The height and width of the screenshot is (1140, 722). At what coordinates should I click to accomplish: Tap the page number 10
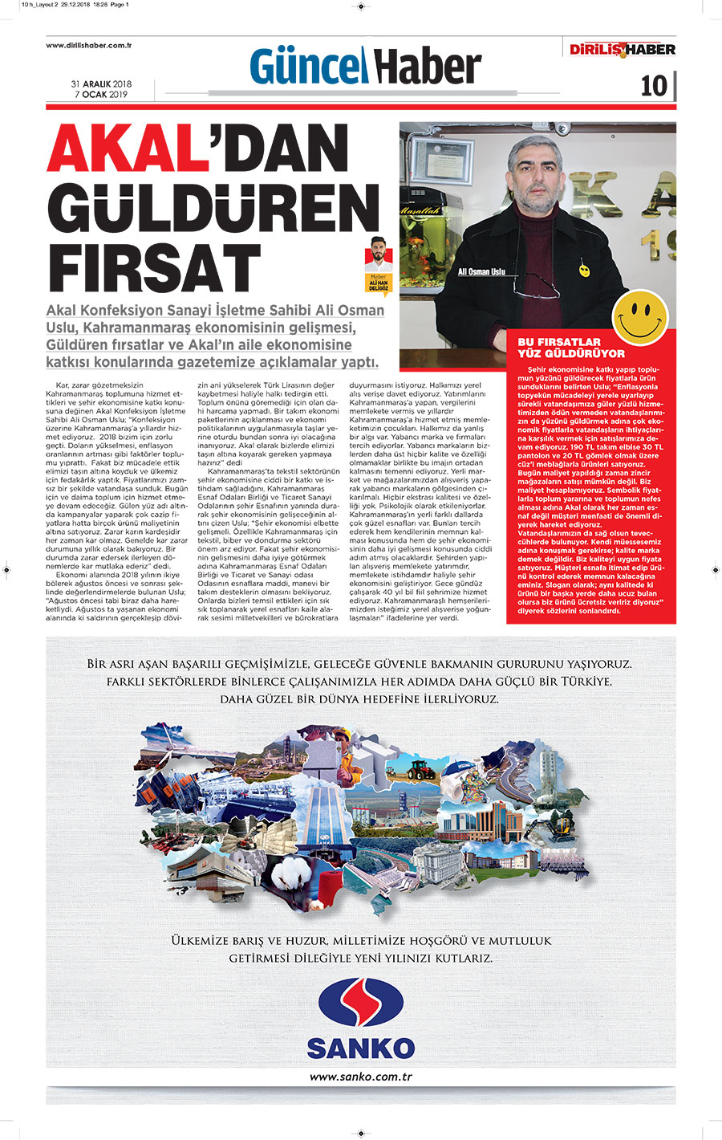pos(654,86)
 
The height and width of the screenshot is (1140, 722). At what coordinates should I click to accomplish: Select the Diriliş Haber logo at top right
pos(623,50)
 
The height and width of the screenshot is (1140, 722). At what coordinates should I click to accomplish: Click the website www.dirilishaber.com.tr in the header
pos(88,46)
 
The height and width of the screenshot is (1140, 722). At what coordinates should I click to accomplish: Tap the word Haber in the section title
pos(428,66)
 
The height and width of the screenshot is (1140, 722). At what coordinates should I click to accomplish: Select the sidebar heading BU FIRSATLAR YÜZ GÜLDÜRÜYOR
pos(570,348)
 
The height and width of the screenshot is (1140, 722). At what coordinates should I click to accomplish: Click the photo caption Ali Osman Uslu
pos(481,272)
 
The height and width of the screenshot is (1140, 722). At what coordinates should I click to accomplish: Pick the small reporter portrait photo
pos(377,255)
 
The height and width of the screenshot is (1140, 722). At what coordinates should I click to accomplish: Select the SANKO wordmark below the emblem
pos(360,1048)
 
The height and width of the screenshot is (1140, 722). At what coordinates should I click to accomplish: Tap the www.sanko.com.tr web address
pos(360,1077)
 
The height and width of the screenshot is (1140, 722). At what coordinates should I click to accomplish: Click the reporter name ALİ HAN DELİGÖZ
pos(378,287)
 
